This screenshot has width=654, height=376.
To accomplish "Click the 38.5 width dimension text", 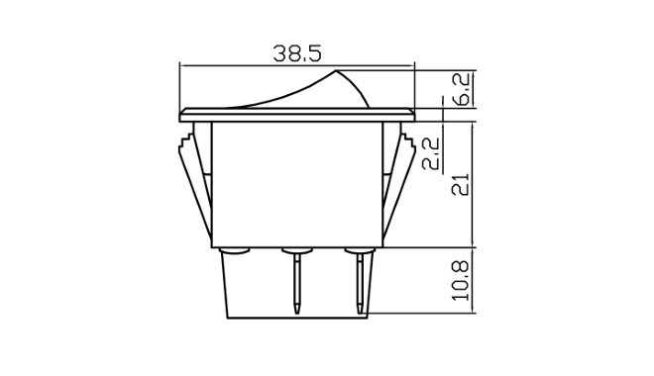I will (x=296, y=55).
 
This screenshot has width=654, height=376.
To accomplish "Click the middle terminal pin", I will (x=296, y=277).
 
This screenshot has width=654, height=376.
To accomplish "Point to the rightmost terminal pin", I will (x=359, y=277).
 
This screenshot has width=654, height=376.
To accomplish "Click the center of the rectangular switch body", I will (x=296, y=183).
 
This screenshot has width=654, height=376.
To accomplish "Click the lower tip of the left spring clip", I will (x=210, y=240).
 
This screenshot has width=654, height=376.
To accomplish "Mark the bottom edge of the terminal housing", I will (x=296, y=318).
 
